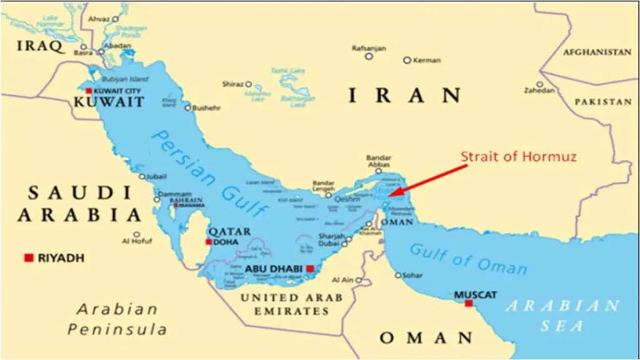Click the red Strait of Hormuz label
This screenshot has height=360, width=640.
(x=519, y=156)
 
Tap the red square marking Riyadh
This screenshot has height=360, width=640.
(x=29, y=257)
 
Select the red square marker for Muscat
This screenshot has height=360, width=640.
(x=469, y=304)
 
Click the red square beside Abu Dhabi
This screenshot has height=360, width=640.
(x=310, y=269)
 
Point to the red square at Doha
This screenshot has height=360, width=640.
(x=209, y=242)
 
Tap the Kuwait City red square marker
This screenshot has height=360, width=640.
(x=89, y=91)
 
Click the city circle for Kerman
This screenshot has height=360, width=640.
(x=407, y=60)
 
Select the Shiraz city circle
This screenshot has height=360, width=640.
(x=248, y=84)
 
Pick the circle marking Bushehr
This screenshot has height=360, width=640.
(x=187, y=107)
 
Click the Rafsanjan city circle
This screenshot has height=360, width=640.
(x=369, y=56)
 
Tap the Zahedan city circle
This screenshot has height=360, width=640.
(x=539, y=84)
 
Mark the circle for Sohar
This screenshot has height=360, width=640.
(x=397, y=275)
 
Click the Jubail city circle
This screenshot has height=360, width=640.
(x=142, y=176)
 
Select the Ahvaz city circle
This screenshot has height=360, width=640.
(x=115, y=19)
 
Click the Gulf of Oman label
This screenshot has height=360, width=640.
(x=468, y=258)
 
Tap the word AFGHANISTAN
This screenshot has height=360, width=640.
(x=597, y=52)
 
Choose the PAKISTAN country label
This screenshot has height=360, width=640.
(x=603, y=101)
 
